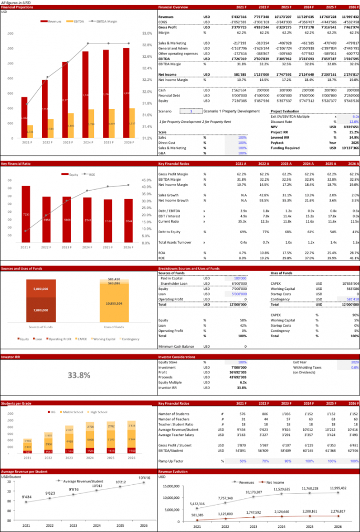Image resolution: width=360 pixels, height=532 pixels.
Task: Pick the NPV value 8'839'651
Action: coord(348,127)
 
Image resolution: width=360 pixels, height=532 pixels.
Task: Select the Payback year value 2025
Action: coord(353,142)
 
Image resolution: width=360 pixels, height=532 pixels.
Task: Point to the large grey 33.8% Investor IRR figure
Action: coord(79,375)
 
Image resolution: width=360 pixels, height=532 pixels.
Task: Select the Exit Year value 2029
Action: coord(354,362)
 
